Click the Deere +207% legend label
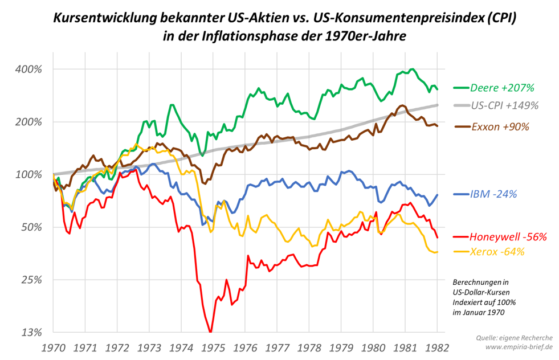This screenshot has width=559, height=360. (x=502, y=88)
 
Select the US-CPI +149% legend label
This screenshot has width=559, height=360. (x=505, y=105)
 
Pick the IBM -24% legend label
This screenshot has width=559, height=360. (x=493, y=194)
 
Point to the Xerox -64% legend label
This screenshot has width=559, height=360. (x=497, y=252)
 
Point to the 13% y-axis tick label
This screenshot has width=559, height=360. (x=32, y=333)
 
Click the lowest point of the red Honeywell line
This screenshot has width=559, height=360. (x=210, y=332)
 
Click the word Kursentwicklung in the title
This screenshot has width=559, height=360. (x=101, y=18)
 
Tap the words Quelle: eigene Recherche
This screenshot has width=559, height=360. (x=513, y=338)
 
